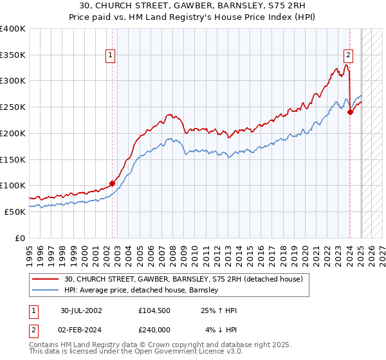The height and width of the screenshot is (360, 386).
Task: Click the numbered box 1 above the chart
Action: pos(111,56)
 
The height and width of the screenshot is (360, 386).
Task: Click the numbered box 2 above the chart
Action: pos(348,56)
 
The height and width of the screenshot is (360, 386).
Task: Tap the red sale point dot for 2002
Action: pos(112,183)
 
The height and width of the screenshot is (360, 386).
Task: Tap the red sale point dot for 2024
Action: pos(351,112)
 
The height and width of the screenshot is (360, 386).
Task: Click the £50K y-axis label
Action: pos(15,212)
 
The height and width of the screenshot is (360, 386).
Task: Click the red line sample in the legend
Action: pos(47,279)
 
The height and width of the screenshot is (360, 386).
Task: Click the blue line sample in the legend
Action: pos(47,290)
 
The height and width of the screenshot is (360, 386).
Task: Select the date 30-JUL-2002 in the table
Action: pos(82,310)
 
